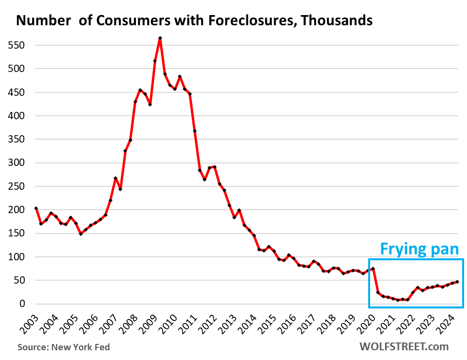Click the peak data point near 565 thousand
(160, 38)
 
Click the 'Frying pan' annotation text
(419, 249)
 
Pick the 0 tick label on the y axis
(22, 304)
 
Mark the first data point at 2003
(36, 208)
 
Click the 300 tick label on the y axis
(18, 163)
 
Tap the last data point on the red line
(457, 282)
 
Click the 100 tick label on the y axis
(18, 257)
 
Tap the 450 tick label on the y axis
(18, 92)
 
